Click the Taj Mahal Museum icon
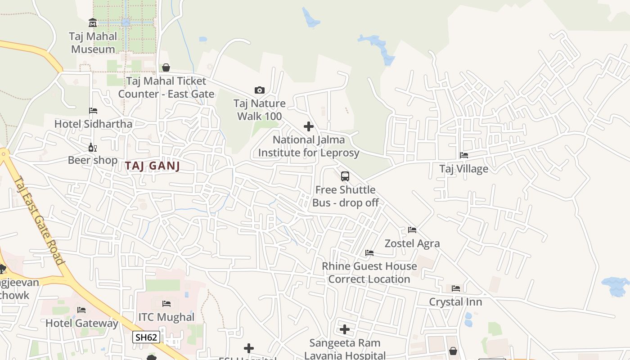coord(93,22)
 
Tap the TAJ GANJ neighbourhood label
coord(153,166)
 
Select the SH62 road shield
coord(146,337)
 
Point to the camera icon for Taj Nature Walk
coord(260,90)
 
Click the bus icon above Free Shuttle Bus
coord(345,176)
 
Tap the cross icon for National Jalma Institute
coord(309,126)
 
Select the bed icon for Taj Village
coord(464,155)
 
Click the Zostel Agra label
coord(412,243)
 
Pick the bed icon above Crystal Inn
coord(456,288)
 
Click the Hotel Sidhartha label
coord(93,124)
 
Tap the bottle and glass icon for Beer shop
coord(93,147)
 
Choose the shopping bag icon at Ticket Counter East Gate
coord(166,68)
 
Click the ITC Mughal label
coord(166,317)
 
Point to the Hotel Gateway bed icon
coord(81,310)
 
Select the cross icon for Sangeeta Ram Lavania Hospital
coord(345,329)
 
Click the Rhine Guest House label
coord(369,266)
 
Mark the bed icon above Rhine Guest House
coord(369,253)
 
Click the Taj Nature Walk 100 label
coord(260,110)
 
